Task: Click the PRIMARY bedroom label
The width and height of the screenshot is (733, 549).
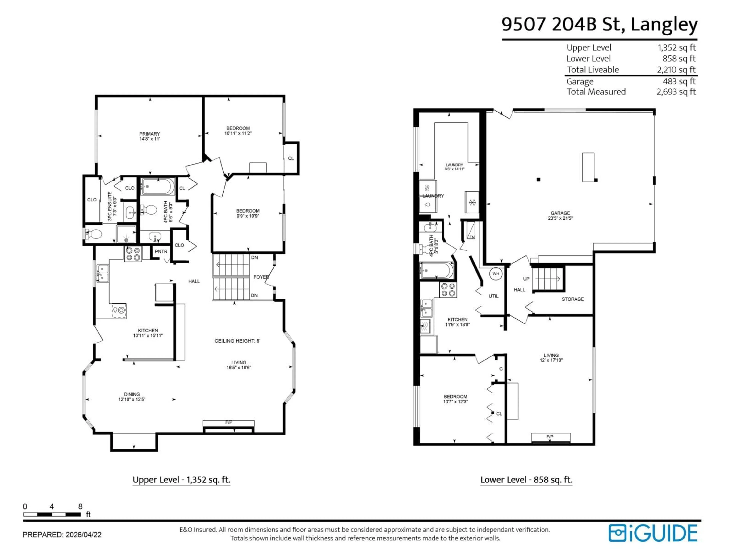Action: click(x=149, y=136)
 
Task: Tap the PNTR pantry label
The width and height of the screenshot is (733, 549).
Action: click(x=161, y=251)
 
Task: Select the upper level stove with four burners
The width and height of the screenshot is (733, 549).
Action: click(x=133, y=254)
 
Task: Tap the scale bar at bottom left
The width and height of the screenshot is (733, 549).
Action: click(x=52, y=514)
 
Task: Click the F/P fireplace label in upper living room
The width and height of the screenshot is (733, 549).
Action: click(x=229, y=422)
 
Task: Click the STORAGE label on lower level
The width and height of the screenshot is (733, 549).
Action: click(x=573, y=299)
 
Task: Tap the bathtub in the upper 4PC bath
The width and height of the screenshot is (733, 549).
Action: click(x=158, y=187)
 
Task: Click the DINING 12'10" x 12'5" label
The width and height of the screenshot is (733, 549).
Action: click(x=132, y=397)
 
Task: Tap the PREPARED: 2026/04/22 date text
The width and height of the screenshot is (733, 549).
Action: click(x=62, y=535)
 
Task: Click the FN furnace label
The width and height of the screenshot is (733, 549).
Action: click(x=471, y=237)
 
